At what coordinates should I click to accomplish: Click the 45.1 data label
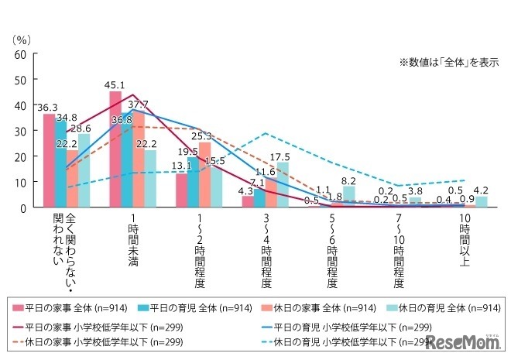click(x=115, y=85)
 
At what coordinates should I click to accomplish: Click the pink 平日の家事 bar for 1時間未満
click(x=115, y=149)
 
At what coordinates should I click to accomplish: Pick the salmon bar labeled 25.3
click(x=204, y=175)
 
